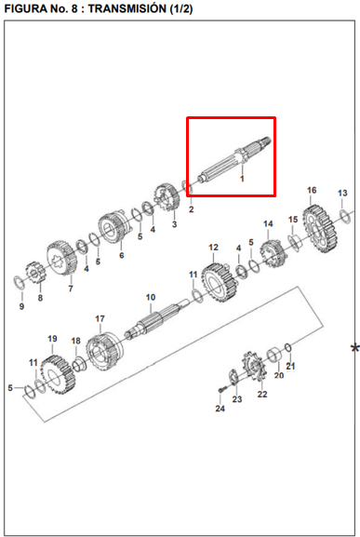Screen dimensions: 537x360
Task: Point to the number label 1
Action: tap(242, 177)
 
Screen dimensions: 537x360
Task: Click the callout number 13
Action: tap(341, 193)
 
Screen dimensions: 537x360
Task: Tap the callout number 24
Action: tap(220, 409)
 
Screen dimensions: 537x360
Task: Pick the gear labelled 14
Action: tap(271, 251)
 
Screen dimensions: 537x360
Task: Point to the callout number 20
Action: tap(277, 375)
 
